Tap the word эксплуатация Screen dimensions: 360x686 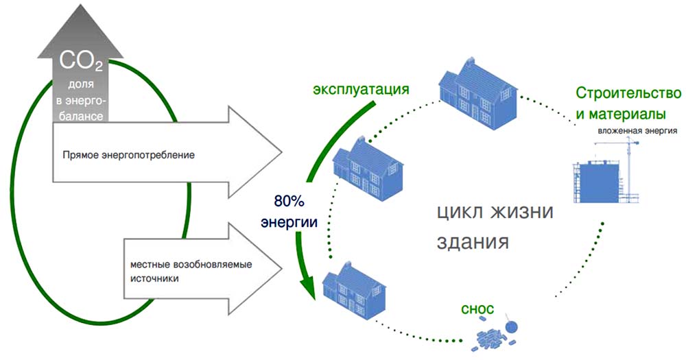click(x=361, y=90)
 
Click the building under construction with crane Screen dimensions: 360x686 click(x=604, y=178)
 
